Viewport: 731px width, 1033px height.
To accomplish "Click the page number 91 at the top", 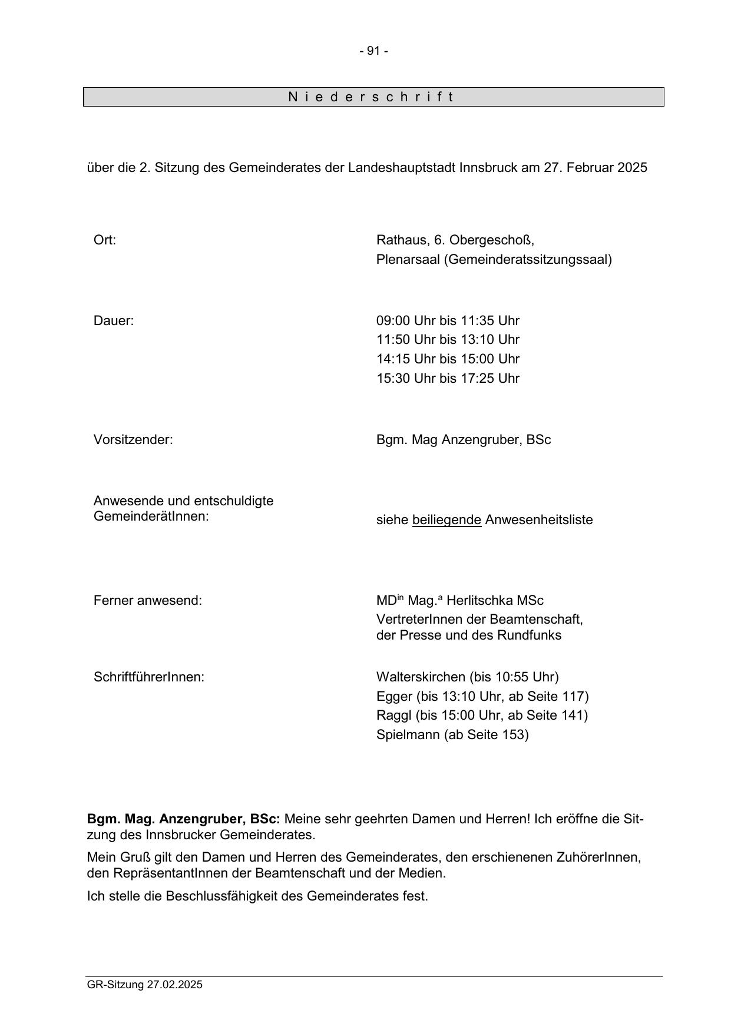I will tap(373, 51).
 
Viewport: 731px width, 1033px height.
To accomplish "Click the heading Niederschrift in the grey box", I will tap(372, 97).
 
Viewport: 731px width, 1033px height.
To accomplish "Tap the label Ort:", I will tap(105, 240).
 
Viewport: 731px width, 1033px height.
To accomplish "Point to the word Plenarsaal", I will tap(408, 260).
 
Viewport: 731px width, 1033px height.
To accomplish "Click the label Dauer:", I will tap(114, 321).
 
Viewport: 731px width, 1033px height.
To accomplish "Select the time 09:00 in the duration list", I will tap(393, 321).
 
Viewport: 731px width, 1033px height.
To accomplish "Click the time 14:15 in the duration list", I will tap(393, 359).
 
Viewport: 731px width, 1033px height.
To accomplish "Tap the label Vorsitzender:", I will tap(133, 440).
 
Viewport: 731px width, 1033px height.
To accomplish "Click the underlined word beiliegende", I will tap(446, 520).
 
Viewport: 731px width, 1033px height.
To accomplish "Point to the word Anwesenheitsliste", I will tap(538, 520).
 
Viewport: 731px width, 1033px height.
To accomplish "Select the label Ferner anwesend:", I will tap(147, 601).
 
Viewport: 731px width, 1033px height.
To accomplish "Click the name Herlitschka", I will tap(479, 601).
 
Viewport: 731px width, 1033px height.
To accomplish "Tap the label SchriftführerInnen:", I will tap(149, 677).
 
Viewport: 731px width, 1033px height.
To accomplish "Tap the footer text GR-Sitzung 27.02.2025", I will tap(144, 985).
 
